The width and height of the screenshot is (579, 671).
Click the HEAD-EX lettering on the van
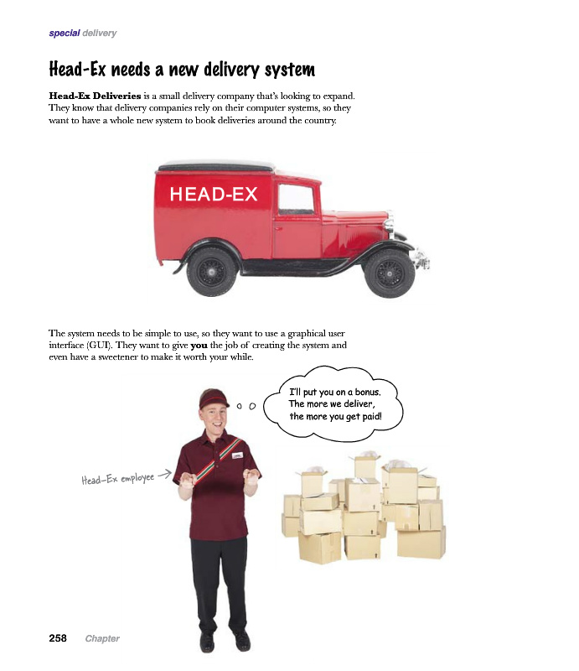(x=213, y=195)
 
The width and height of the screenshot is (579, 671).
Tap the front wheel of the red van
(x=389, y=272)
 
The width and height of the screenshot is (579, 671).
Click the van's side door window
(x=295, y=199)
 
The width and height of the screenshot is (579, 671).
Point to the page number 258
(x=58, y=638)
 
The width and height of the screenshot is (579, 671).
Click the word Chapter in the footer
(x=102, y=639)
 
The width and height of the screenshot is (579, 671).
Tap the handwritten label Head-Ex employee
(x=116, y=479)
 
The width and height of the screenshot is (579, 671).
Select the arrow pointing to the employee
(x=164, y=474)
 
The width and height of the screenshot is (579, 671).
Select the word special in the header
(x=64, y=34)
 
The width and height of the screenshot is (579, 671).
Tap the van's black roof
(x=218, y=166)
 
